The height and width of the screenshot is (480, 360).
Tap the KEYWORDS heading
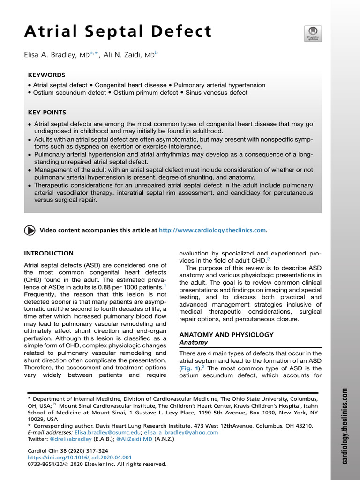46,75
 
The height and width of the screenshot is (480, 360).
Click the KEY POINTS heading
47,112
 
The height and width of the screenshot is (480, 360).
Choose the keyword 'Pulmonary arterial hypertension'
219,85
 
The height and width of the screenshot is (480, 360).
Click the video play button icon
29,230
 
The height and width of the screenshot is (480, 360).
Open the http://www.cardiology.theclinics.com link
212,230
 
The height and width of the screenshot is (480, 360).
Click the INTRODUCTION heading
49,253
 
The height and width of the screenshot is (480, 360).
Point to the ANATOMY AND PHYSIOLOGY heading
226,335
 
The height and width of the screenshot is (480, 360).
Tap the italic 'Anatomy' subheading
194,343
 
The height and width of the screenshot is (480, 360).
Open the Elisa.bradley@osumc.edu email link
102,432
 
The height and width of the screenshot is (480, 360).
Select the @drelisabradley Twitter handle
71,439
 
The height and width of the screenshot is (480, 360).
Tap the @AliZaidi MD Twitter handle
135,439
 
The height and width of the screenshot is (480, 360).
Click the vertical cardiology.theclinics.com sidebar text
345,425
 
